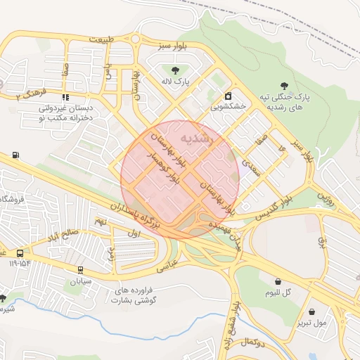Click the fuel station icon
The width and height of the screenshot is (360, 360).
[x=15, y=155]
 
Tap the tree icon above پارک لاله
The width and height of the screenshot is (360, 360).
[x=174, y=70]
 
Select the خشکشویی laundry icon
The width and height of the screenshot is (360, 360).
[x=228, y=96]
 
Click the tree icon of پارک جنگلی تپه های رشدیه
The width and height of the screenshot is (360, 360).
[x=284, y=84]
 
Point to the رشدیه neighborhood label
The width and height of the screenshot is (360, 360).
[x=195, y=139]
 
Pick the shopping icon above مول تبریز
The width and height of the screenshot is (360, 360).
[x=312, y=311]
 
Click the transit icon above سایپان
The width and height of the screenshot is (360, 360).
[x=81, y=269]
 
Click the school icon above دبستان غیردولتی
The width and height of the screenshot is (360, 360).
[x=65, y=98]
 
